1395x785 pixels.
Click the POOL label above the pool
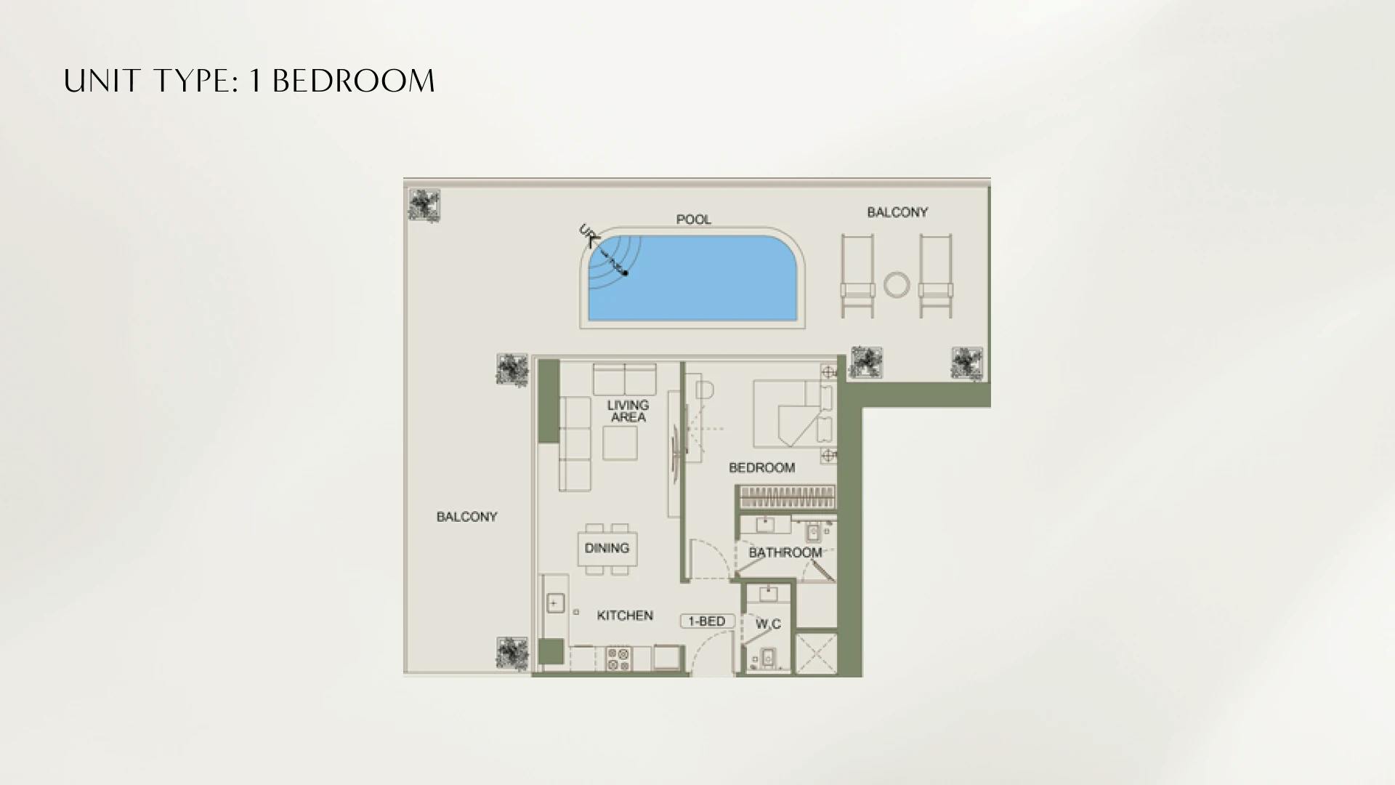693,220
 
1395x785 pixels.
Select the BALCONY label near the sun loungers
897,212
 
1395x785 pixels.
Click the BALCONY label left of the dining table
466,517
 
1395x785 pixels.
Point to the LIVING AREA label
628,411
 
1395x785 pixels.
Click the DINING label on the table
607,548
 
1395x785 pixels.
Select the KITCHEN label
624,616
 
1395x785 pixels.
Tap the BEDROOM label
761,467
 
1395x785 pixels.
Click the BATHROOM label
785,552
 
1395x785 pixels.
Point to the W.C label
768,624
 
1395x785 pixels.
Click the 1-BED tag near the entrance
706,621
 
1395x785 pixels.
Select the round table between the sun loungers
897,285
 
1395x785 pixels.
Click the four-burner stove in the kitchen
618,659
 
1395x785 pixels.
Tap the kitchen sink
555,603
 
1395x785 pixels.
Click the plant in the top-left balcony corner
424,205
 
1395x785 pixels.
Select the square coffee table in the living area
620,443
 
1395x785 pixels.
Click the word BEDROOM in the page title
354,81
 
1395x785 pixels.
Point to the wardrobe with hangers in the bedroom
787,498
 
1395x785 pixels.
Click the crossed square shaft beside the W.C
816,653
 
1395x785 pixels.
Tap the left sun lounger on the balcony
857,276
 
